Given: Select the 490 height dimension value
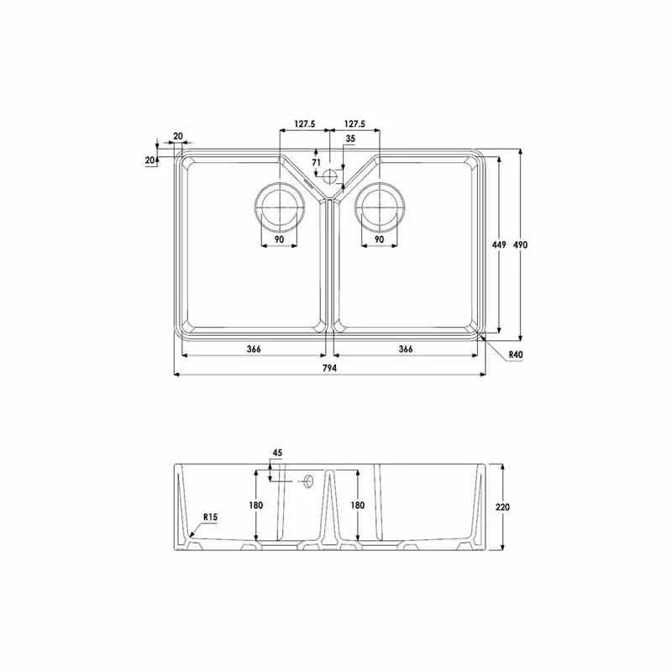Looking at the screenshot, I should point(520,244).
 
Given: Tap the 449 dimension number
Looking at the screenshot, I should point(497,244).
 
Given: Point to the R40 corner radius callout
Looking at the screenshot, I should point(515,355).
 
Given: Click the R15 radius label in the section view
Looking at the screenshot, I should point(209,518).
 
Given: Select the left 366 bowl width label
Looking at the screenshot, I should point(254,349).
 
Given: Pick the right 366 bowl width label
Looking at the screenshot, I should point(405,349).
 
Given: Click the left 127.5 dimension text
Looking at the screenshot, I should point(303,123).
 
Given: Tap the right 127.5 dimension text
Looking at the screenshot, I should point(354,123).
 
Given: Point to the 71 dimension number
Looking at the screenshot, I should point(316,162).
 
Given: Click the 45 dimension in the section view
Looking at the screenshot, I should point(277,453).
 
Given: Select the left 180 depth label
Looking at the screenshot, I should point(256,505).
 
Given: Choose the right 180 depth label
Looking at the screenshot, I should point(356,505).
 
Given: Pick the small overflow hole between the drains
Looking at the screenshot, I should point(329,176).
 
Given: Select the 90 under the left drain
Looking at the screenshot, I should point(278,240).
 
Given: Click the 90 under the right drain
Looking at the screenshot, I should point(379,240).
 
